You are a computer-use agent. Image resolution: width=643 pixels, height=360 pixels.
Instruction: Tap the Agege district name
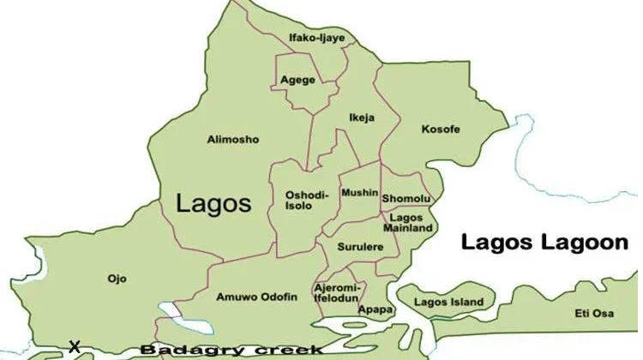click(297, 81)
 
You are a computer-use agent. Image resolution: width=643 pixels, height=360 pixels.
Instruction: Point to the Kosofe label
click(441, 129)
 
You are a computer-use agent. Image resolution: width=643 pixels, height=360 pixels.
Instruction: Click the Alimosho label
click(233, 139)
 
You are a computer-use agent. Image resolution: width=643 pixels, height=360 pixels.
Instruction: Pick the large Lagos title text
click(213, 203)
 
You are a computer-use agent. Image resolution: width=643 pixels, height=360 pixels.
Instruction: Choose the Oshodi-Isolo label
click(306, 201)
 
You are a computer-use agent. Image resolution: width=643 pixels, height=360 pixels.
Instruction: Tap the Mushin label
click(359, 194)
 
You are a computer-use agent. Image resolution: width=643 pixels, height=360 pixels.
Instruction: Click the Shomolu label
click(406, 199)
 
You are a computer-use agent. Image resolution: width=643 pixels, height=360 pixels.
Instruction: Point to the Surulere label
click(360, 247)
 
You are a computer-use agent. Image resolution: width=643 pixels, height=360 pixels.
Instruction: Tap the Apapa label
click(375, 309)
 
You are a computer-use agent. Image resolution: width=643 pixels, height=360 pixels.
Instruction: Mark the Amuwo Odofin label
click(256, 297)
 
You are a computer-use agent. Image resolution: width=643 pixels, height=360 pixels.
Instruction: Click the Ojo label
click(117, 279)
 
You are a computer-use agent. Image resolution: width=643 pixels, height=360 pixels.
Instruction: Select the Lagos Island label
click(448, 303)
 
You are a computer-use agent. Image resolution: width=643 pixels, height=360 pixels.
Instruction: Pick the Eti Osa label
click(594, 315)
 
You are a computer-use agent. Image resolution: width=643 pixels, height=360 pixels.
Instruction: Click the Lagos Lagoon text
click(544, 243)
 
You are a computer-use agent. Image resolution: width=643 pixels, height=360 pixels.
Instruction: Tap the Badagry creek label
click(231, 350)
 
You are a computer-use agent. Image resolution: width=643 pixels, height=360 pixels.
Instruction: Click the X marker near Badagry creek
click(75, 347)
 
